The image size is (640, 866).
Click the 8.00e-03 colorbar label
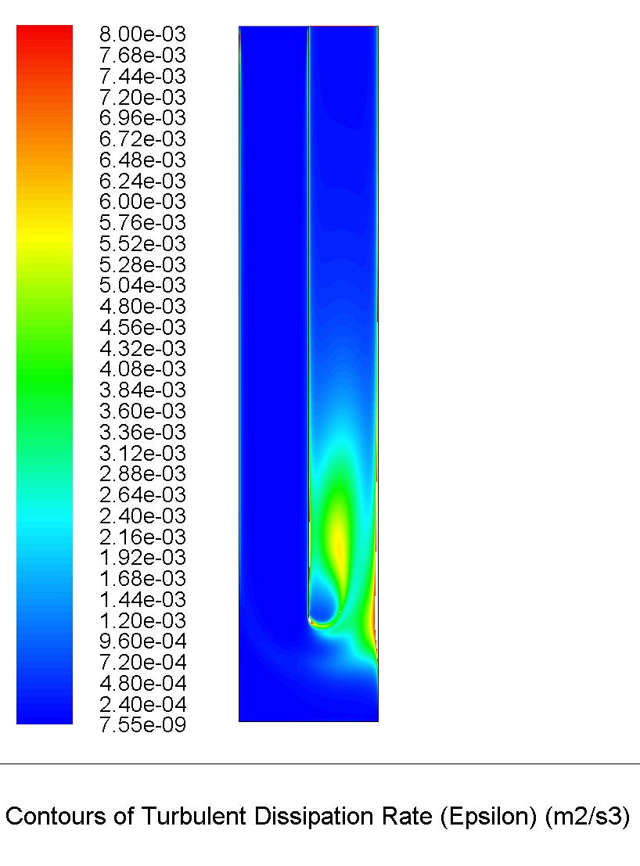pos(142,34)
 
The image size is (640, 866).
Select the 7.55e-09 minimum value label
pos(142,724)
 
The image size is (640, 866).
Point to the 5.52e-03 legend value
pos(142,243)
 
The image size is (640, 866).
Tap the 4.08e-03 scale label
pos(142,369)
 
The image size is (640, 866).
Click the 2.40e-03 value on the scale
pos(142,516)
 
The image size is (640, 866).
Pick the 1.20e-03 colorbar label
pos(142,620)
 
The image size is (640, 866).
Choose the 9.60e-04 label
pos(142,641)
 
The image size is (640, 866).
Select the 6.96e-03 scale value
pos(142,117)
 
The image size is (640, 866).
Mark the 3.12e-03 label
pos(142,453)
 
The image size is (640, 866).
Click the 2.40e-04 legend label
pos(142,704)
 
